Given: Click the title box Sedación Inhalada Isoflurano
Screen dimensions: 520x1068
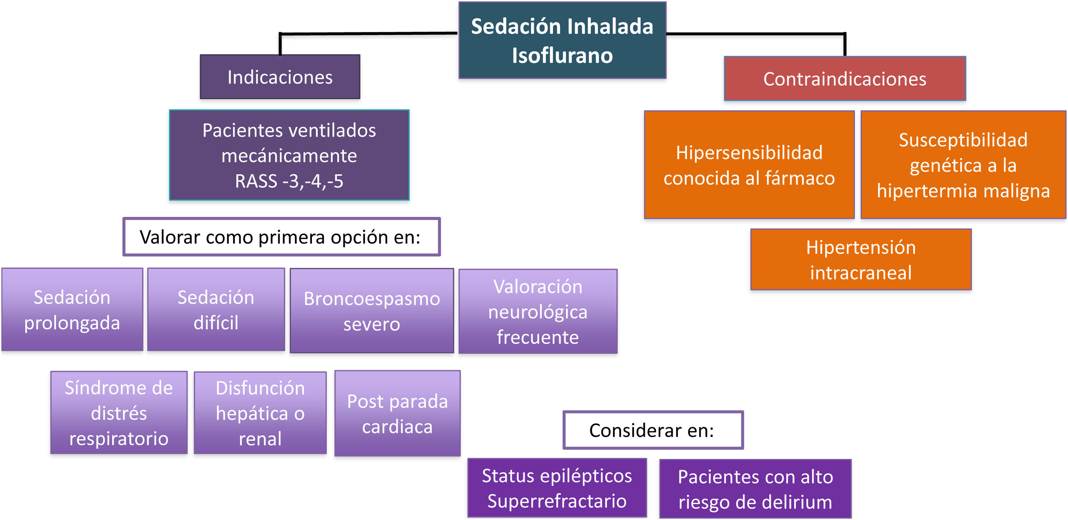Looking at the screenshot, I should coord(562,40).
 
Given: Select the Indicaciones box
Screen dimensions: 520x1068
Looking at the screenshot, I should coord(280,77).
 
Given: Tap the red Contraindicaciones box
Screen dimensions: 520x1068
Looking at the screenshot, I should coord(844,79).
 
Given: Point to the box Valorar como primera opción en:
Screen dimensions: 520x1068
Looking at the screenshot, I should coord(281,237).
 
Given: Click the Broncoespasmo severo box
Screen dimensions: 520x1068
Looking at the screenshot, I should coord(372,311).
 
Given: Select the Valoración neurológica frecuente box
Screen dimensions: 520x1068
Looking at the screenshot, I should coord(538,311).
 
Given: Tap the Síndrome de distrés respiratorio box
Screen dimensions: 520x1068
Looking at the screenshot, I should coord(119,413).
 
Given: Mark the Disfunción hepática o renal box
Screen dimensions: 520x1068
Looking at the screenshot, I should coord(260,413).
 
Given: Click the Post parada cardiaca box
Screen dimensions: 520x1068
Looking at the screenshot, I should coord(397,414).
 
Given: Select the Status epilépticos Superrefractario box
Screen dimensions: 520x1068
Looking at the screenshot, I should coord(557,488).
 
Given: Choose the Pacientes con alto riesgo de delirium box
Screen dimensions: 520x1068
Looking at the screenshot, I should coord(755,489).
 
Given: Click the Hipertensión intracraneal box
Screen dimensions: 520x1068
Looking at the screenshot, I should coord(861,260).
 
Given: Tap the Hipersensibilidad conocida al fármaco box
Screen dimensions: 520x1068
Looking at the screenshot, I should coord(749,165).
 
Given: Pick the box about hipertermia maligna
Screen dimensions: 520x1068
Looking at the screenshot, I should coord(963,165).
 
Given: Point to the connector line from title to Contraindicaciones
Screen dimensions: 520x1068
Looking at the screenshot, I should coord(755,33).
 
